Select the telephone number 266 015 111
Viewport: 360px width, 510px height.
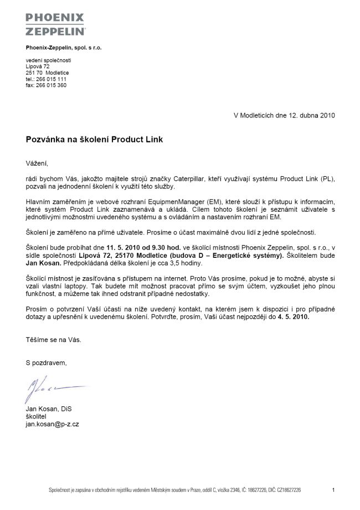[x=52, y=79]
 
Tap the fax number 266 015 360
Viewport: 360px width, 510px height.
[x=51, y=85]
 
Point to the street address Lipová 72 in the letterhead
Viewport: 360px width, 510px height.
[x=38, y=67]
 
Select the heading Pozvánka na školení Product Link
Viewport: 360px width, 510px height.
[x=94, y=140]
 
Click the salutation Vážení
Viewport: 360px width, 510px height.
[x=37, y=164]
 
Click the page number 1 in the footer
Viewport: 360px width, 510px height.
[x=333, y=490]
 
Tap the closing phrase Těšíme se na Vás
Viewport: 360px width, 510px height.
[x=53, y=339]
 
